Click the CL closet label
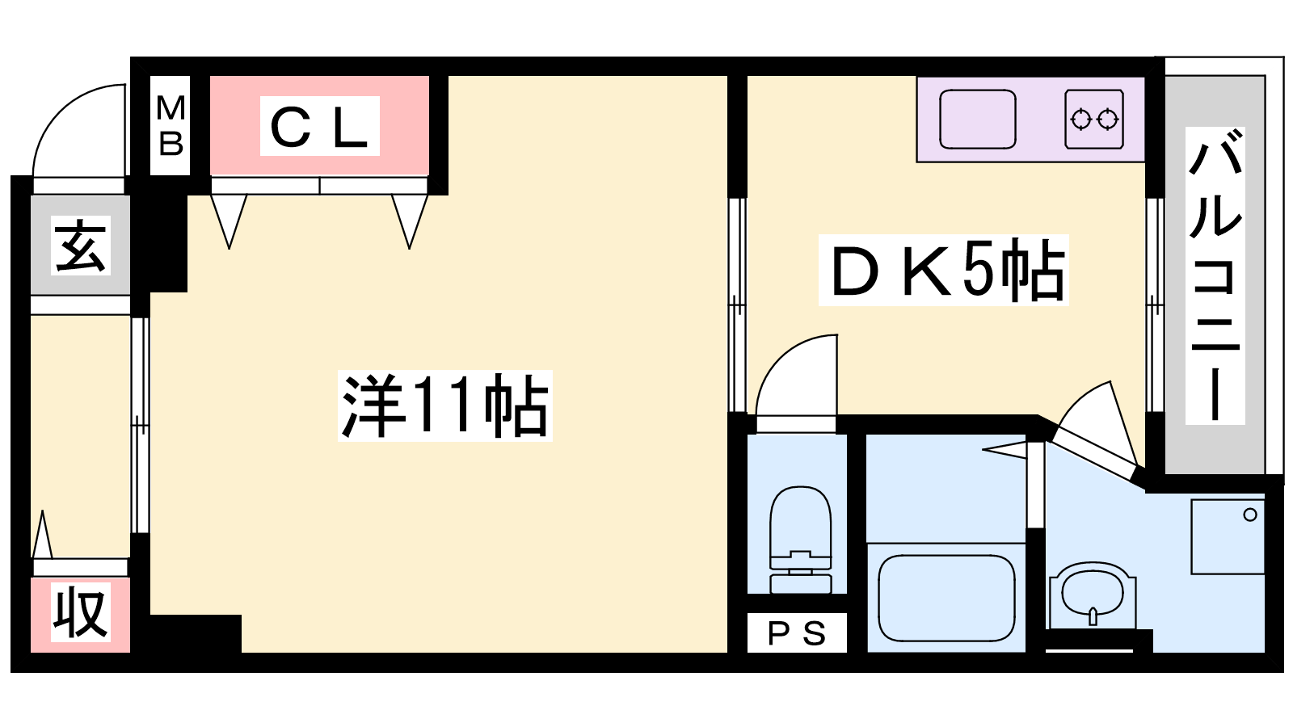320,126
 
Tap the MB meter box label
171,125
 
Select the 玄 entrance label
80,245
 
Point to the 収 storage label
80,613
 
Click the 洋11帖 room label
444,406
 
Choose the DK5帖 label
944,271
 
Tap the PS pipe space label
797,633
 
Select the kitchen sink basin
977,120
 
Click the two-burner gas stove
1094,120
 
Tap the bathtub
946,598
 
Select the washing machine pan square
1228,537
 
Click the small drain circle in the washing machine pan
1250,515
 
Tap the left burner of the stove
1080,120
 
